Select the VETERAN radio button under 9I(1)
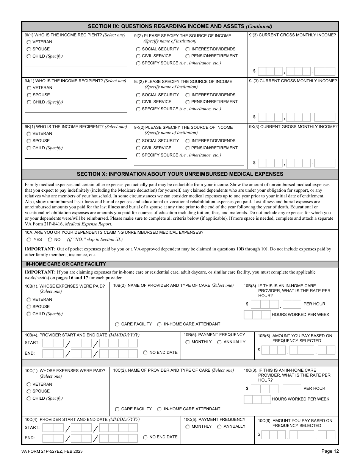pyautogui.click(x=29, y=42)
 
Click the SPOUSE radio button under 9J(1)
pyautogui.click(x=29, y=95)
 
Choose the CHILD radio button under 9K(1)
pyautogui.click(x=29, y=148)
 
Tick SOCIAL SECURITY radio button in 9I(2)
pyautogui.click(x=138, y=49)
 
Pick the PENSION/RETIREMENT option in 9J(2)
pyautogui.click(x=188, y=102)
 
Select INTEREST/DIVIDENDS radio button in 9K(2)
pyautogui.click(x=188, y=141)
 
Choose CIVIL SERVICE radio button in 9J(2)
pyautogui.click(x=138, y=102)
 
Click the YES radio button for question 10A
pyautogui.click(x=29, y=240)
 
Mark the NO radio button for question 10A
pyautogui.click(x=50, y=240)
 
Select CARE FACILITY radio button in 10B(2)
pyautogui.click(x=117, y=324)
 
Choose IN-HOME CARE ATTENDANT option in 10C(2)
pyautogui.click(x=160, y=409)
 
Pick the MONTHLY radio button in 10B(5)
pyautogui.click(x=188, y=342)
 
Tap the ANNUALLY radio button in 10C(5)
pyautogui.click(x=219, y=427)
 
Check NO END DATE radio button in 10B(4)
pyautogui.click(x=145, y=353)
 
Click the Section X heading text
pyautogui.click(x=180, y=174)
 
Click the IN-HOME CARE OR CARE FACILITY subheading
pyautogui.click(x=66, y=264)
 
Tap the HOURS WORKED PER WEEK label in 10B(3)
pyautogui.click(x=301, y=314)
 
